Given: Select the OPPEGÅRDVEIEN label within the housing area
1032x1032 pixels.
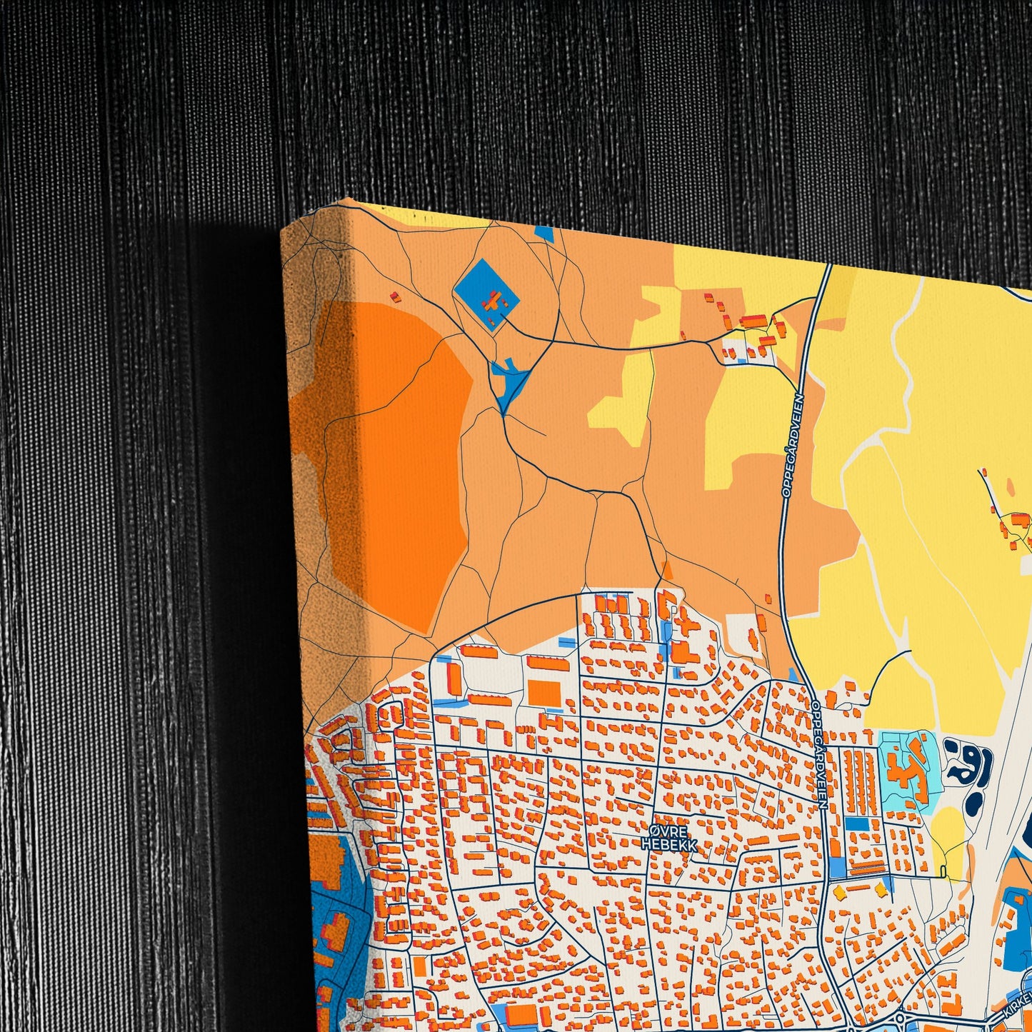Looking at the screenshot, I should [819, 753].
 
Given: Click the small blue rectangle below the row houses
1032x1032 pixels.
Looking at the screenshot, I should [856, 823].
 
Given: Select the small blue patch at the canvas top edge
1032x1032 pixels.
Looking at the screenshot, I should [544, 232].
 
